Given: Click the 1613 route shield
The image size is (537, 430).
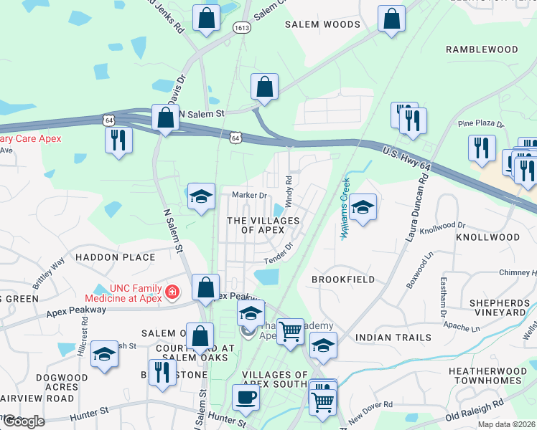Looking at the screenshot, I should click(x=241, y=28).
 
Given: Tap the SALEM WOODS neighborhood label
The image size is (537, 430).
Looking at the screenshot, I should click(x=322, y=24).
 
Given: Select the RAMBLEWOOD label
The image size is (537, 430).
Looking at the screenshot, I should click(x=482, y=49).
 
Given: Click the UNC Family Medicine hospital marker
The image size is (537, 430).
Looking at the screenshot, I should click(x=172, y=292).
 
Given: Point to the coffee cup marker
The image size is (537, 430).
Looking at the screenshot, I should click(x=246, y=398).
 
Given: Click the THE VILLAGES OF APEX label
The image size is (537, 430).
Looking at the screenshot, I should click(x=263, y=225).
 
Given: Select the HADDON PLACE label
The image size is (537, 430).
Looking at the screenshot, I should click(x=115, y=257).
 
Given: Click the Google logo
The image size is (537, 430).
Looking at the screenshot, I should click(x=23, y=421).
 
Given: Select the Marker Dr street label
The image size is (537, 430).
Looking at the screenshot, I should click(x=249, y=195).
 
